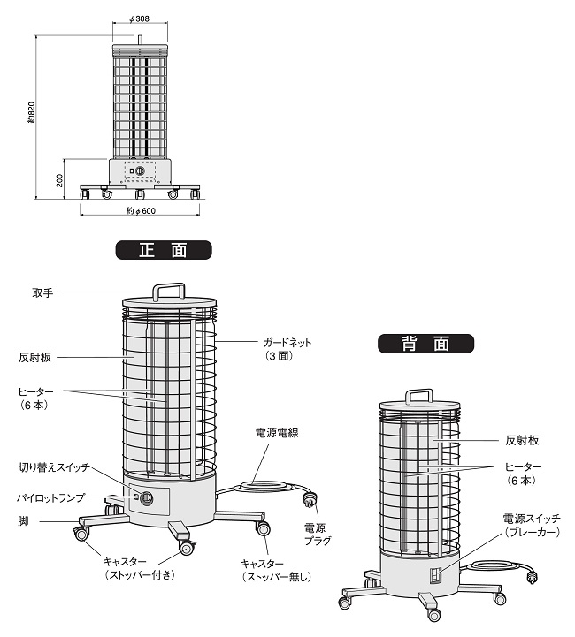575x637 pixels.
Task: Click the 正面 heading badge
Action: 164,250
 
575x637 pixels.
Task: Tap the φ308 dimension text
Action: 139,19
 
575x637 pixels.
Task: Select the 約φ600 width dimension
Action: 141,210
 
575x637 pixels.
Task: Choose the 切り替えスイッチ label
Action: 54,466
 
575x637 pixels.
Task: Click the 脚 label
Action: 23,521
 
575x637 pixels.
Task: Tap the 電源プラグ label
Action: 315,534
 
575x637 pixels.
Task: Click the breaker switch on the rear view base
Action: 434,575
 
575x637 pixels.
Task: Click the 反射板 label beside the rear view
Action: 523,439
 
